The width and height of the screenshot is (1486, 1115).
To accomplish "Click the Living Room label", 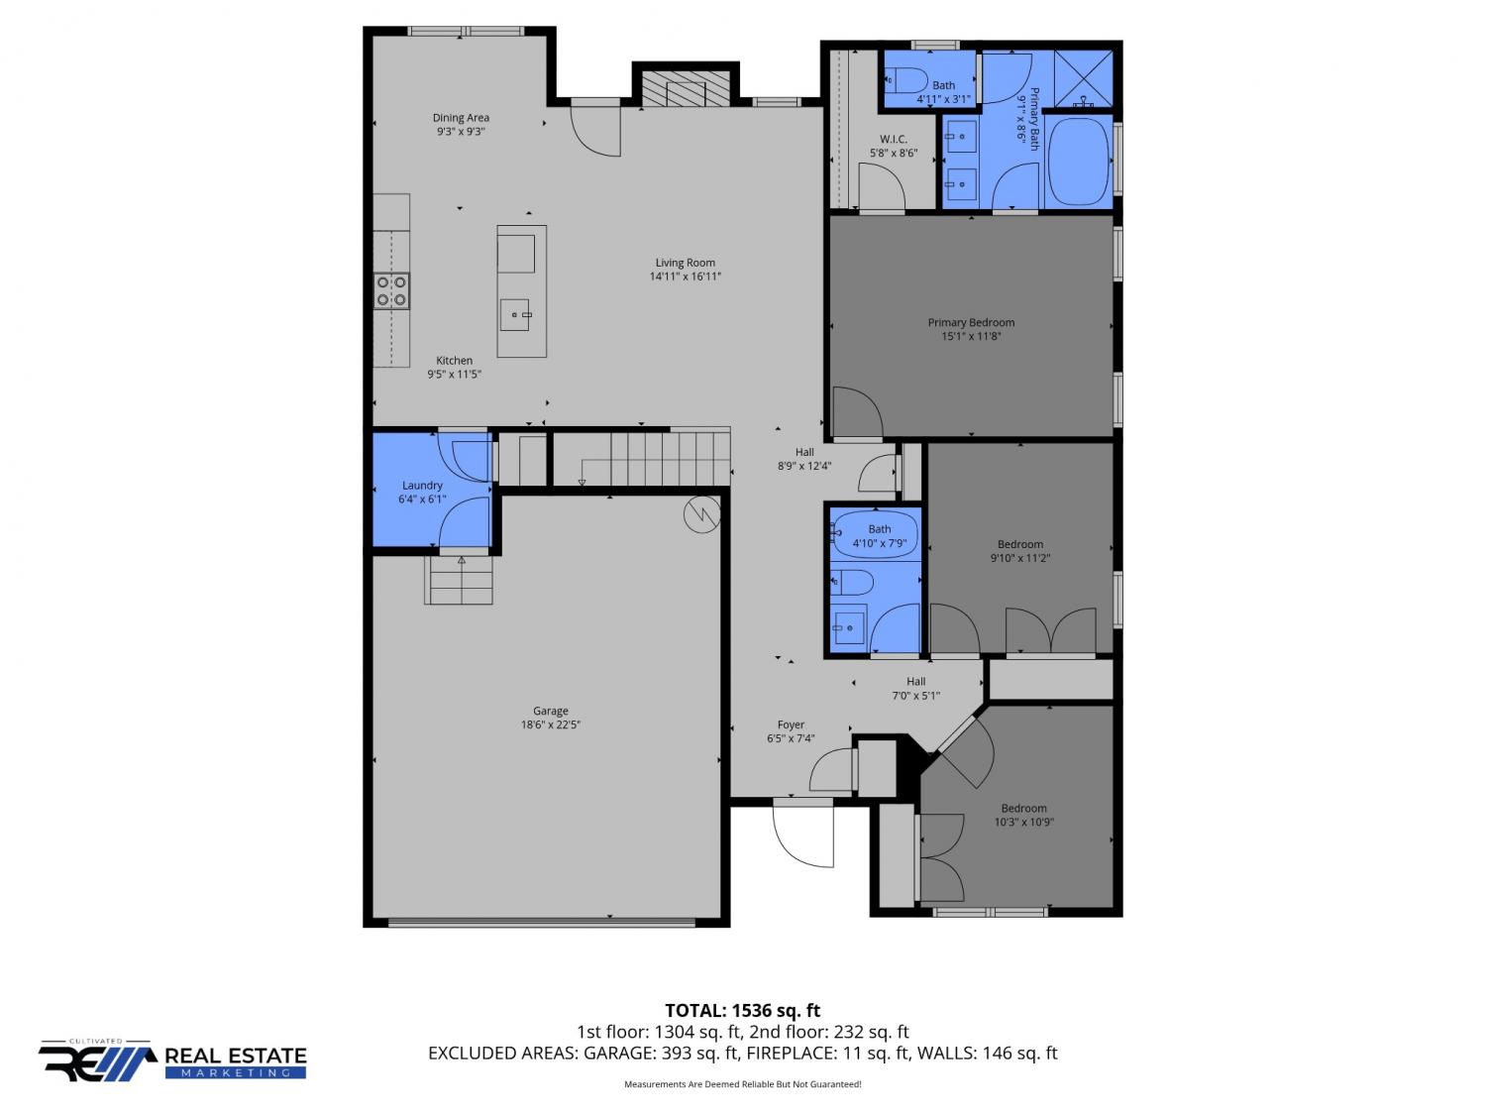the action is point(685,263).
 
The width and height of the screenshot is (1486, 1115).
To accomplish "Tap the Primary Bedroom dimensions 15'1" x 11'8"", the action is point(971,336).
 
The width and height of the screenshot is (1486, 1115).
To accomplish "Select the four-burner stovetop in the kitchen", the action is point(391,290).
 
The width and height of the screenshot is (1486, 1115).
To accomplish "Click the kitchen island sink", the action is point(514,315).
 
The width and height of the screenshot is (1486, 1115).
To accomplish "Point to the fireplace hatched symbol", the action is point(686,88).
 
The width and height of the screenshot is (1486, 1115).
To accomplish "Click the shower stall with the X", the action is point(1083,78).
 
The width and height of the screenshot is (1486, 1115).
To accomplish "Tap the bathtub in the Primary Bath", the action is point(1079,163).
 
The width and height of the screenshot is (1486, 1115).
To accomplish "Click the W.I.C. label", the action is point(893,140).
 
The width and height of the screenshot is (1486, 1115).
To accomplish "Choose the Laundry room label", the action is point(422,486).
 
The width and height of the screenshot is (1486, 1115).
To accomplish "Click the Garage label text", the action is point(550,711).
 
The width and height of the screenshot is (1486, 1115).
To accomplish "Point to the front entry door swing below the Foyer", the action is point(802,835).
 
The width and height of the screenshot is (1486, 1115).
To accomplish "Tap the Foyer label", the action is point(790,725).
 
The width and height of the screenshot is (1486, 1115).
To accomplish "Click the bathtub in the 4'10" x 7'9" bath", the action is point(875,534).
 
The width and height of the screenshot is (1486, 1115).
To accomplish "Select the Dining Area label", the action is point(461,118).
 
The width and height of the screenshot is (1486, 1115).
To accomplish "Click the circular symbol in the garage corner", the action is point(702,514).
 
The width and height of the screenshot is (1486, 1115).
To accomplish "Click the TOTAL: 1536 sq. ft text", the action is point(742,1011).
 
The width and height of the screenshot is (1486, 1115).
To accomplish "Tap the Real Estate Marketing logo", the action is point(172,1060).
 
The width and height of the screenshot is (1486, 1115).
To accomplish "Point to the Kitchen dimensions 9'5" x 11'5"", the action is point(454,375).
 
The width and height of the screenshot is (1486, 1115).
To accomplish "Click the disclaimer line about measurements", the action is point(742,1084).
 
